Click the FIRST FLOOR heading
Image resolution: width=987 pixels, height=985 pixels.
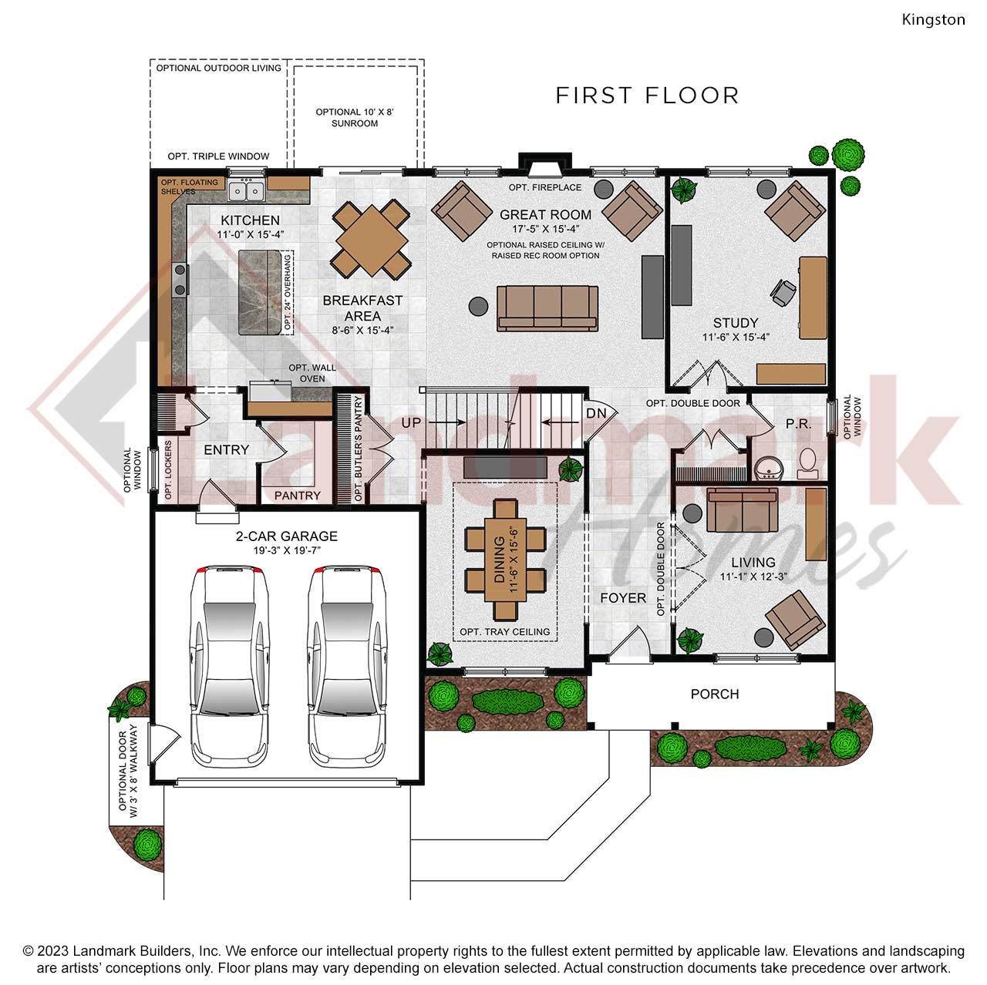[647, 96]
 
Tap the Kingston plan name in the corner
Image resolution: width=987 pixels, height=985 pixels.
[933, 20]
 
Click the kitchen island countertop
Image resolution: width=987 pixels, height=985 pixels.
[259, 293]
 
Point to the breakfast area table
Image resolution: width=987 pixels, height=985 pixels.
[372, 239]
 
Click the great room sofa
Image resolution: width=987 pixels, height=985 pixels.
[547, 308]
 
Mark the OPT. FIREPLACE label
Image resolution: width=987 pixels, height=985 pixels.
[545, 187]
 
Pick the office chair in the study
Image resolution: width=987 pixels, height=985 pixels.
[783, 291]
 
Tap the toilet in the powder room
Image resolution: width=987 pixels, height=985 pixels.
[807, 460]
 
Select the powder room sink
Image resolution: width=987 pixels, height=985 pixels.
[769, 468]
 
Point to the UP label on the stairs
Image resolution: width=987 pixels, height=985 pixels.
[411, 422]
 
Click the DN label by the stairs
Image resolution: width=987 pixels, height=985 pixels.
[596, 413]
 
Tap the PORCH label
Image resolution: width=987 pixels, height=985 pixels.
[714, 694]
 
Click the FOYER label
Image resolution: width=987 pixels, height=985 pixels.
[623, 598]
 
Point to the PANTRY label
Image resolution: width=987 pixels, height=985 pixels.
[297, 495]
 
